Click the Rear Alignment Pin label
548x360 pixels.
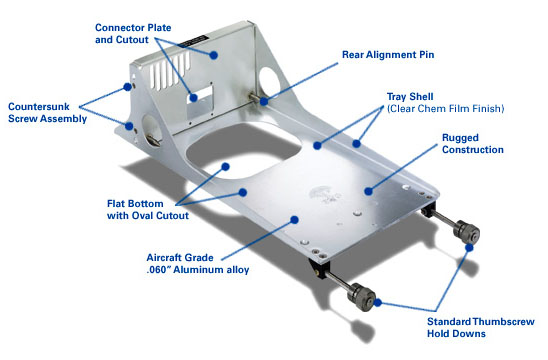point(388,55)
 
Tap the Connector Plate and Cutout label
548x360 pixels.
point(133,34)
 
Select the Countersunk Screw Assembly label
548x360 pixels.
point(48,113)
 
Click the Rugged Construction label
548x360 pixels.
point(473,144)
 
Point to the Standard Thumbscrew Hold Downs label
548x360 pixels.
point(481,327)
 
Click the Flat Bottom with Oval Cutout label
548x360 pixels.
point(148,209)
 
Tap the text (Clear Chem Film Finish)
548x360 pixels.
point(446,109)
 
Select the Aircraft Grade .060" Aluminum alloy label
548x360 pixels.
point(198,264)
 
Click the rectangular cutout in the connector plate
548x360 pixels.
point(200,95)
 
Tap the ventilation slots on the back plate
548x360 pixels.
point(170,72)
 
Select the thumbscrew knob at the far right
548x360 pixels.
point(466,231)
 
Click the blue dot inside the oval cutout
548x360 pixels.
point(225,167)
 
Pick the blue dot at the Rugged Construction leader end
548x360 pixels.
point(368,191)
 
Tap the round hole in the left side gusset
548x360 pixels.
point(152,130)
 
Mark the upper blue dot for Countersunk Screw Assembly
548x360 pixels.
point(128,87)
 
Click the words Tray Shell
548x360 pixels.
point(410,97)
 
